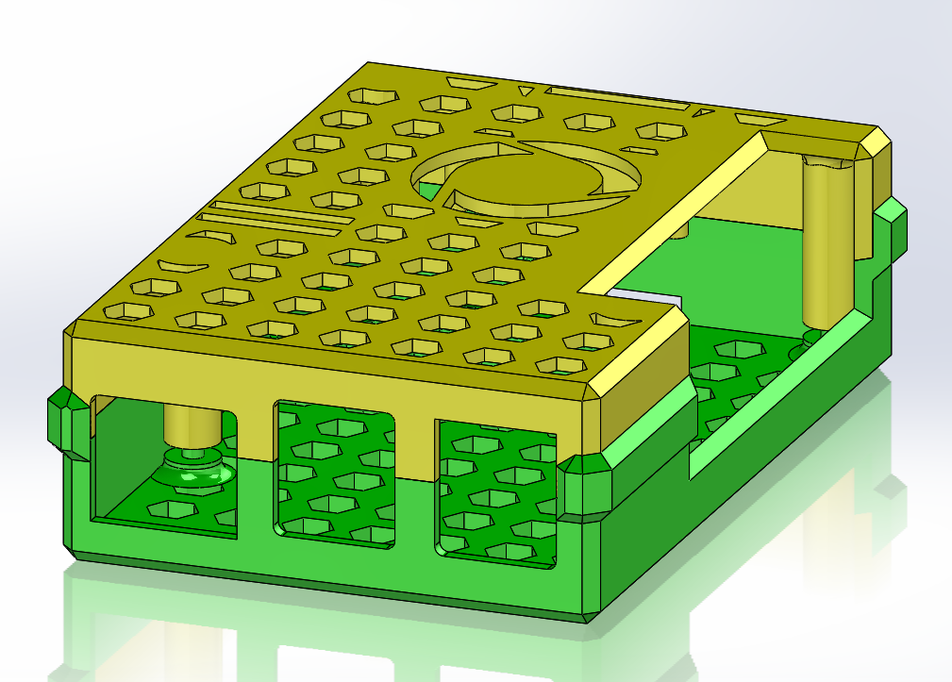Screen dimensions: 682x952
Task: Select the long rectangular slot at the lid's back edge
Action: (617, 98)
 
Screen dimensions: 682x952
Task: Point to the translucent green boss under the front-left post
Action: (194, 468)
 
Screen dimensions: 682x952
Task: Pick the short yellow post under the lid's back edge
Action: (682, 228)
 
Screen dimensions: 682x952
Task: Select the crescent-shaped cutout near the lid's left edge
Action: (184, 265)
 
